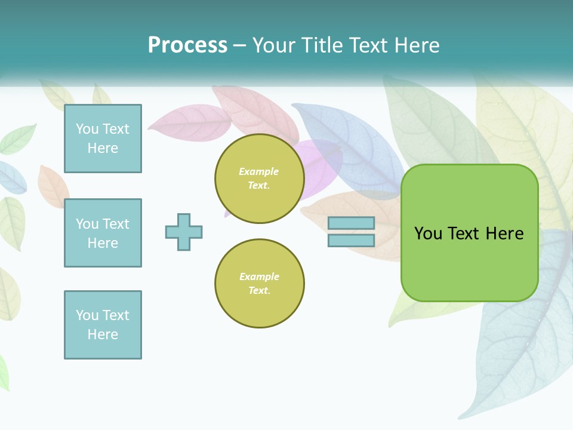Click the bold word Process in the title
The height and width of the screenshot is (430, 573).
(x=187, y=45)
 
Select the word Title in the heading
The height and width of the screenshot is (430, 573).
(x=321, y=45)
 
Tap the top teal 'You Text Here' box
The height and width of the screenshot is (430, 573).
(x=103, y=139)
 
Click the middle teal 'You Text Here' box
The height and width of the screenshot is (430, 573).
(x=103, y=233)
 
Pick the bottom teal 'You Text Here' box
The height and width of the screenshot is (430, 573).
(x=103, y=325)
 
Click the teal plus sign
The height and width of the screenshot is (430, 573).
(x=184, y=232)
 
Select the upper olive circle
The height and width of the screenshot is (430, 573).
(x=260, y=179)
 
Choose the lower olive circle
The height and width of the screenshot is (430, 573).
(x=260, y=284)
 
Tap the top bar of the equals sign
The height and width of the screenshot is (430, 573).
(x=351, y=223)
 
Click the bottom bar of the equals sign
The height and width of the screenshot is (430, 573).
(x=351, y=240)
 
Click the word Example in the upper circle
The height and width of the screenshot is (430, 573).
(x=259, y=172)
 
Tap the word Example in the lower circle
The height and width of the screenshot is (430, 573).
(x=259, y=277)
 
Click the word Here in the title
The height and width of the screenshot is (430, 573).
(x=417, y=45)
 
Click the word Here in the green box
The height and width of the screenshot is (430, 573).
(x=504, y=234)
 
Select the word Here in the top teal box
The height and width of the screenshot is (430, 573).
(x=103, y=148)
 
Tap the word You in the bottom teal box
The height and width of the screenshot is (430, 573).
(x=87, y=315)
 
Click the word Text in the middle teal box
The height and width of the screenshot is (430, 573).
(x=115, y=224)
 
